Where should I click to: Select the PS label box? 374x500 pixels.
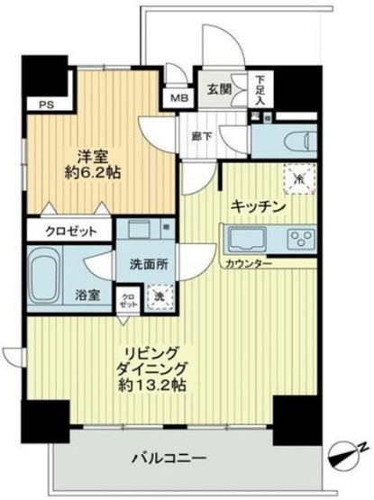pos(44,104)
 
